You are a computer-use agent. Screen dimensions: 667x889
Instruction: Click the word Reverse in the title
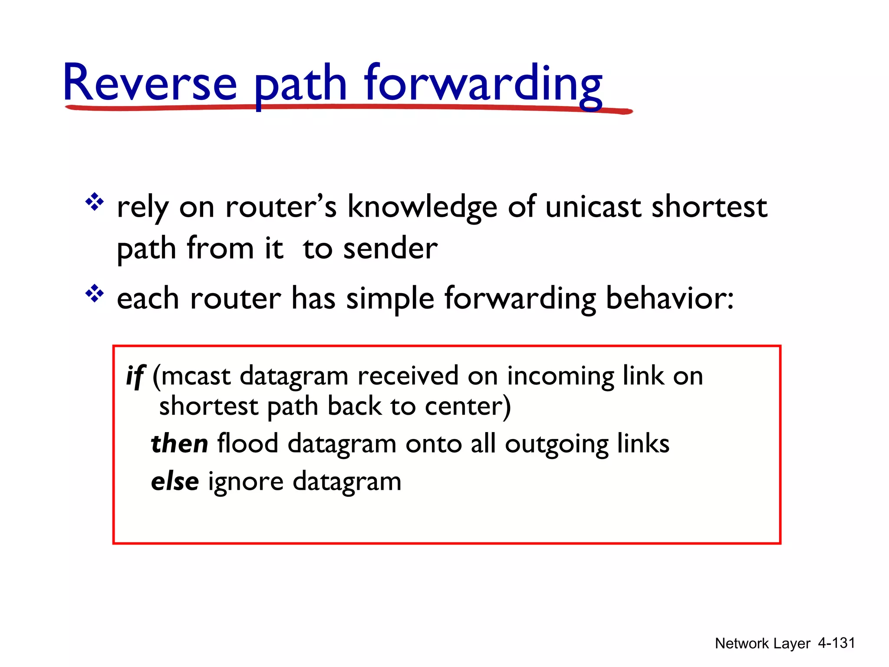tap(150, 83)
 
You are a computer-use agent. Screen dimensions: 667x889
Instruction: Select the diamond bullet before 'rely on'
tap(95, 202)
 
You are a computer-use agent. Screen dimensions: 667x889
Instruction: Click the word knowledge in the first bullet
tap(422, 208)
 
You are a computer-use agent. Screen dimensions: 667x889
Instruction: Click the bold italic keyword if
tap(135, 376)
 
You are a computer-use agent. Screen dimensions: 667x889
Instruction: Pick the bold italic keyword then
tap(179, 444)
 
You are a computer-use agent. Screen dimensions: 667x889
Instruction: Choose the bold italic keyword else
tap(175, 482)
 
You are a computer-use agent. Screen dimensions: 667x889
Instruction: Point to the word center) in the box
tap(468, 406)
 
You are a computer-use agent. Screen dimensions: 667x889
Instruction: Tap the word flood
tap(247, 444)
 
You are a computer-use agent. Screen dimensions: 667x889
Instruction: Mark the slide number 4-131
tap(836, 643)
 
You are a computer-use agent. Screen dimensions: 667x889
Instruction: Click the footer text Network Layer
tap(762, 643)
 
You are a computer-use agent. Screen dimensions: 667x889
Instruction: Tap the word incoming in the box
tap(560, 376)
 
